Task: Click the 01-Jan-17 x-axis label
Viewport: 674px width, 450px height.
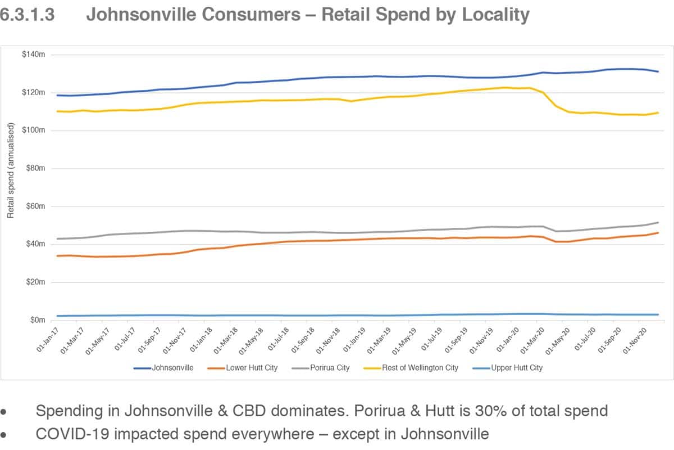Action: tap(47, 337)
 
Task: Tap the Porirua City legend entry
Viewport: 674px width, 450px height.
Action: tap(329, 368)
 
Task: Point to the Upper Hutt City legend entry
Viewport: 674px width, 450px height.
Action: tap(516, 368)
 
